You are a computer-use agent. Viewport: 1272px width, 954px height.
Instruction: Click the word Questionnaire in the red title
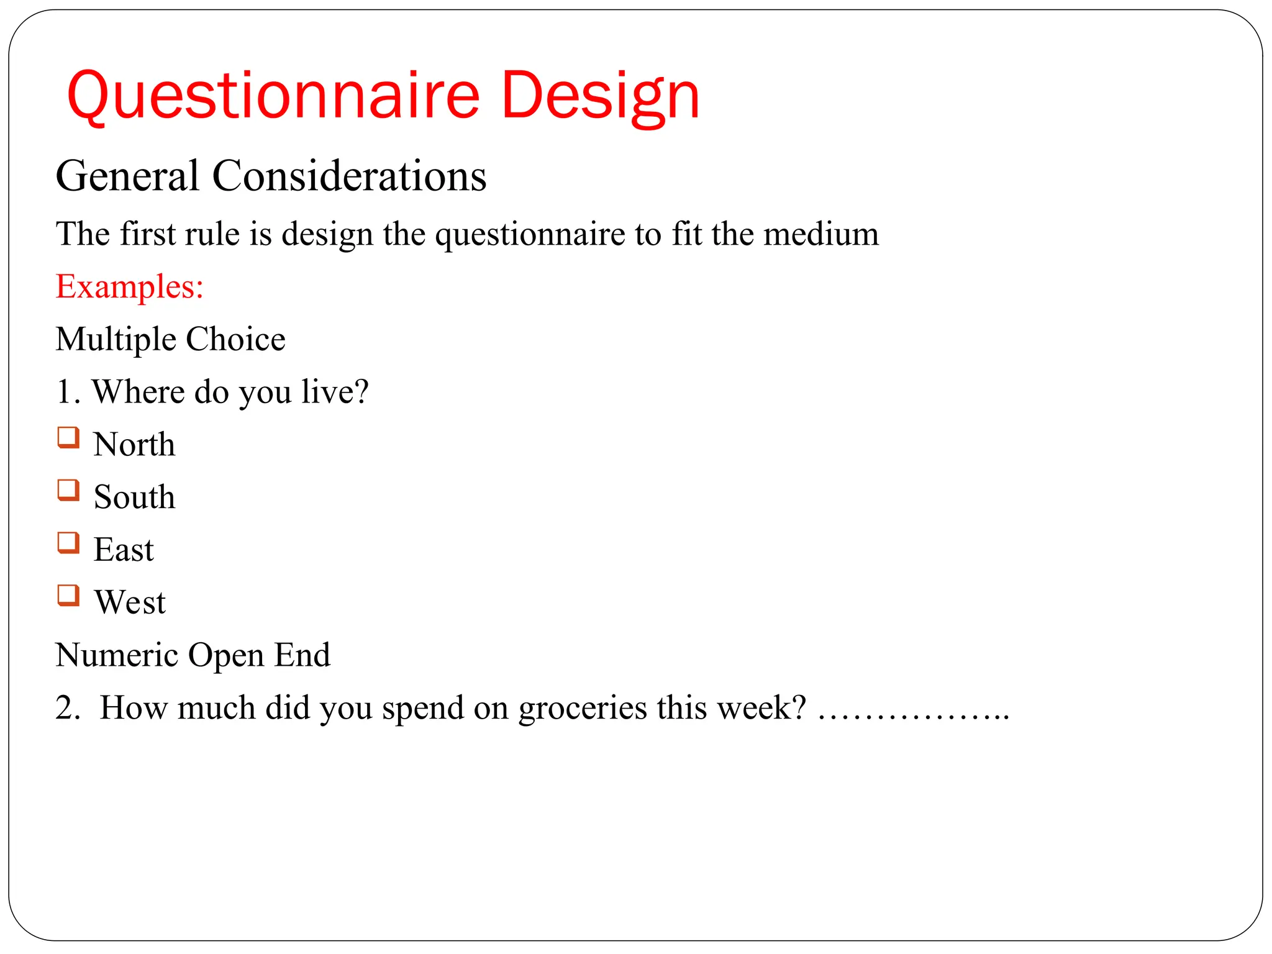point(273,96)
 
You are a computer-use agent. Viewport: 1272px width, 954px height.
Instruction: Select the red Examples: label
point(130,287)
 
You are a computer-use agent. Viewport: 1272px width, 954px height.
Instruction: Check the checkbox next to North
point(68,437)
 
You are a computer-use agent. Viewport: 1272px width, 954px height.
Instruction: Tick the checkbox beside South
point(68,490)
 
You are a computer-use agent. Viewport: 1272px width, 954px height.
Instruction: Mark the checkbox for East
point(68,543)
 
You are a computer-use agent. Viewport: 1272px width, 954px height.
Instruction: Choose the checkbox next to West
point(68,596)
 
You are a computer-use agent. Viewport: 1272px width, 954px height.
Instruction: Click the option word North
point(134,445)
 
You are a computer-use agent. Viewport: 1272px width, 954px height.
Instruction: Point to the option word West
point(130,602)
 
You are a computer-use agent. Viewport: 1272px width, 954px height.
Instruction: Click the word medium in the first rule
point(821,235)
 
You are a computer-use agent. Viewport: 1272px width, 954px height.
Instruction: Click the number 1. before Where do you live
point(67,393)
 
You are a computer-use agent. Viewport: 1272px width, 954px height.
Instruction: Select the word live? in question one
point(335,393)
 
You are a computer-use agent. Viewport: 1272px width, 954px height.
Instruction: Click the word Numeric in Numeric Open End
point(116,655)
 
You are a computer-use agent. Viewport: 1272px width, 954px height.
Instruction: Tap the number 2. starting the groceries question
point(67,708)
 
